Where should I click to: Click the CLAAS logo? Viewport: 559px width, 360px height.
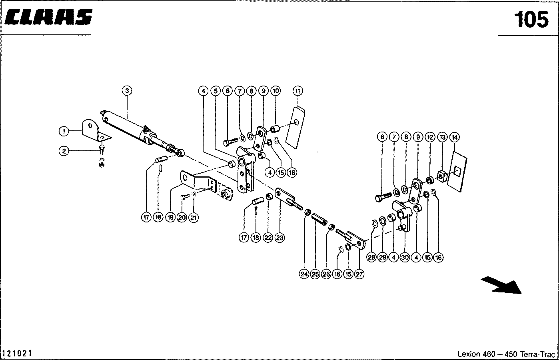pos(49,17)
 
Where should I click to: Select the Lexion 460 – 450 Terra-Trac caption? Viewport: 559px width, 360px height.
pos(506,354)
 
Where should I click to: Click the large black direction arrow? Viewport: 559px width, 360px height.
pos(502,285)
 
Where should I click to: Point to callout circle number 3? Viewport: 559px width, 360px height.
pos(127,91)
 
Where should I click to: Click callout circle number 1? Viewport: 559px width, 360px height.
pos(63,131)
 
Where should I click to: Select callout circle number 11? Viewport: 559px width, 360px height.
pos(297,91)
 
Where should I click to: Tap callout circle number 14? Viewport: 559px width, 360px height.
pos(454,137)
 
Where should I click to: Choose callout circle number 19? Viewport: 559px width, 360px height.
pos(171,218)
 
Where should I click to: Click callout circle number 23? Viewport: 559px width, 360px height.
pos(279,238)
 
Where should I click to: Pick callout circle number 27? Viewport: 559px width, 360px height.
pos(359,274)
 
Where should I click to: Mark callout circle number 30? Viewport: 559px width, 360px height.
pos(405,258)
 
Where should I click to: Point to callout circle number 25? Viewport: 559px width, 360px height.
pos(315,274)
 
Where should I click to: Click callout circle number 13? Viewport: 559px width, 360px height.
pos(442,137)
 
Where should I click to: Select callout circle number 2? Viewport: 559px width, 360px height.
pos(63,151)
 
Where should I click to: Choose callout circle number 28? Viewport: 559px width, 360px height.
pos(371,258)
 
